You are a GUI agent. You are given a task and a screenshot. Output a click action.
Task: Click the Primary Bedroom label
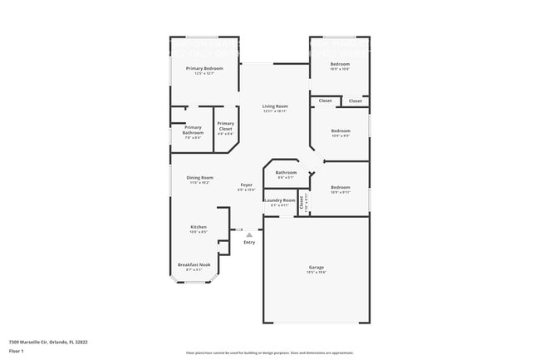click(204, 68)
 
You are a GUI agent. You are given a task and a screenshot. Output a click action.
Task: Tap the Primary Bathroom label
click(193, 130)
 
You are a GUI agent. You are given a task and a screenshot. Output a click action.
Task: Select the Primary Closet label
click(225, 126)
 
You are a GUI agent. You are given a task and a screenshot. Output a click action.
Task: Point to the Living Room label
click(275, 106)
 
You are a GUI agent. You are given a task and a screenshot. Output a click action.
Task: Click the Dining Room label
click(199, 177)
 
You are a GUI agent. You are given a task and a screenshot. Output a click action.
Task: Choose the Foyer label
click(247, 185)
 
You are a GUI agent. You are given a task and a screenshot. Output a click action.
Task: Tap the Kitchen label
click(199, 227)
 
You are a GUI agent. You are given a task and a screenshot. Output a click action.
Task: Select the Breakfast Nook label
click(194, 264)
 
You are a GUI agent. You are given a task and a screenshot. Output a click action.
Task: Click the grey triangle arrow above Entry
click(248, 235)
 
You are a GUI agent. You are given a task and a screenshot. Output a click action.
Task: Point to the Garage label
click(317, 267)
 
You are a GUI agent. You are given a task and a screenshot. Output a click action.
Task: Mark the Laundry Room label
click(279, 200)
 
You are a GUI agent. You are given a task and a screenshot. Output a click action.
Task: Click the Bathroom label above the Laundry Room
click(286, 172)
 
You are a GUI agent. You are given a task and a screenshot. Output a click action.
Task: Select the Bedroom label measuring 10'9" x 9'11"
click(340, 188)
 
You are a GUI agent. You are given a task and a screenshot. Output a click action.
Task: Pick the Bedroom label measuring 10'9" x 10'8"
click(340, 64)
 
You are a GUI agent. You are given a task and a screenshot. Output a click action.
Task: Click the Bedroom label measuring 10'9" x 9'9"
click(341, 131)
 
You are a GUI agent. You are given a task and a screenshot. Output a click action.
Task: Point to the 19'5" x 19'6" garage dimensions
click(317, 272)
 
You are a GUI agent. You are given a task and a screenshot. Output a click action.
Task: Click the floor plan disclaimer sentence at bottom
click(270, 353)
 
